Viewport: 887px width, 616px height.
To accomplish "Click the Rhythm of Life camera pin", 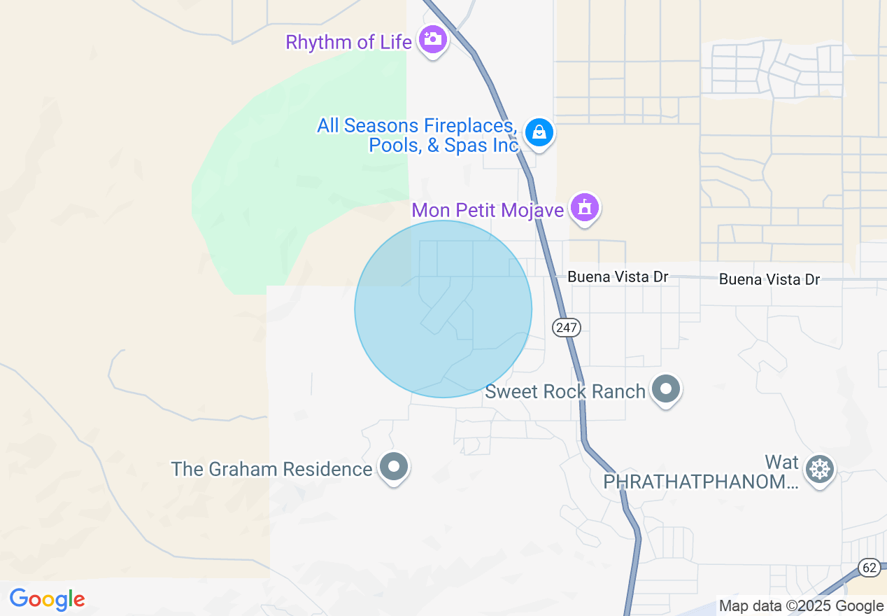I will coord(433,39).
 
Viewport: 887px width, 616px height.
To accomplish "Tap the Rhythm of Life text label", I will coord(348,42).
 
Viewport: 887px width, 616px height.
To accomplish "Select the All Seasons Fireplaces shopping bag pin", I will coord(539,132).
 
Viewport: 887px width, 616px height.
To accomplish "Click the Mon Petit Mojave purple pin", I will coord(584,207).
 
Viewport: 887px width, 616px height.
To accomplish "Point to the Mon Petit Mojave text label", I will coord(488,210).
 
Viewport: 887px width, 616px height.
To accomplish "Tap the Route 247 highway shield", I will coord(566,327).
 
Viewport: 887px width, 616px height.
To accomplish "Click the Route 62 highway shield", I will coord(870,567).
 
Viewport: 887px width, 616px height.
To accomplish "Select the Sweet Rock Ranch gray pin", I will coord(665,388).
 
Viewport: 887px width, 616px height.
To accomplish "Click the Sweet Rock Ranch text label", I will coord(565,391).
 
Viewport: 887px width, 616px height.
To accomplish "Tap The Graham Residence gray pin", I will coord(393,466).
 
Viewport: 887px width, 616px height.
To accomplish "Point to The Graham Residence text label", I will coord(271,469).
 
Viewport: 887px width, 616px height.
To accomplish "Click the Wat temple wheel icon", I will coord(819,468).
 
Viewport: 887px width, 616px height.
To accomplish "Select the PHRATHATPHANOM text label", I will coord(700,482).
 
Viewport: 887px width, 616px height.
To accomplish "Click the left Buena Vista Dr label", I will coord(618,276).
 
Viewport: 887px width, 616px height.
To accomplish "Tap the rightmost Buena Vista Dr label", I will coord(769,279).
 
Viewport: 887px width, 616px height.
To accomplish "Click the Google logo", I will coord(47,599).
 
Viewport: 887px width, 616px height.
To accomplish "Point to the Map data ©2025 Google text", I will coord(802,606).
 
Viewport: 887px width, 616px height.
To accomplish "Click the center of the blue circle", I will coord(443,309).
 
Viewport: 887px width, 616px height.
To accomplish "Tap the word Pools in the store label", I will coord(395,145).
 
